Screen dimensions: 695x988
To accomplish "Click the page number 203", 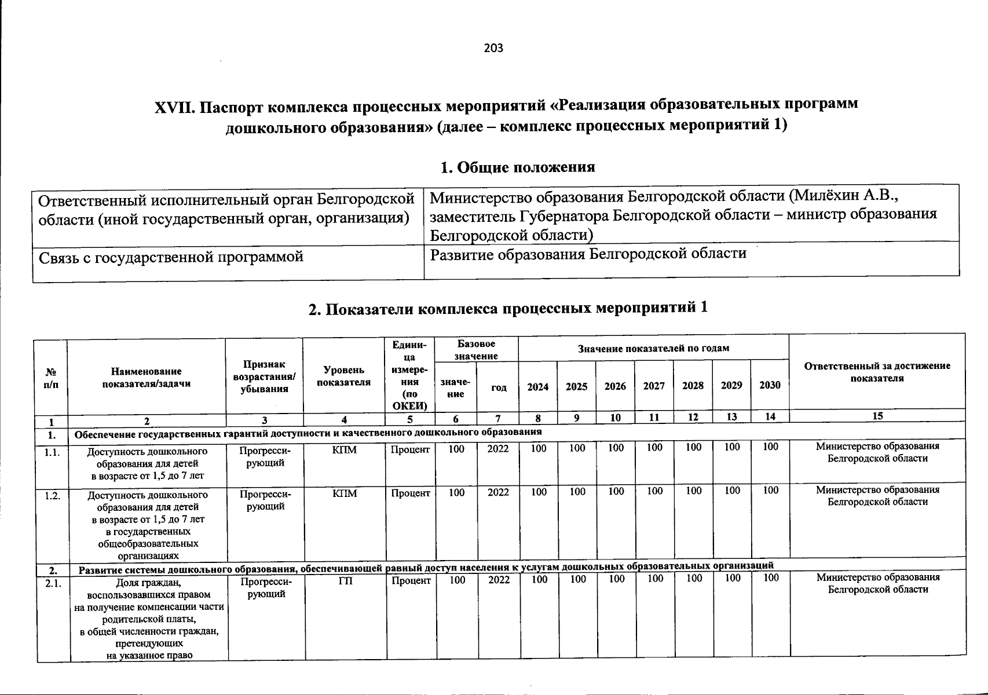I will pyautogui.click(x=493, y=48).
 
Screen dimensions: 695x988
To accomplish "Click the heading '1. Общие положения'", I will pyautogui.click(x=517, y=167).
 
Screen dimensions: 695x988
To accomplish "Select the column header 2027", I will pyautogui.click(x=654, y=386).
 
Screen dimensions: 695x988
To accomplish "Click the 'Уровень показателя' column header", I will pyautogui.click(x=344, y=376).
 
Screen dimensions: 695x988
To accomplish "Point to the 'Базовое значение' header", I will pyautogui.click(x=476, y=350).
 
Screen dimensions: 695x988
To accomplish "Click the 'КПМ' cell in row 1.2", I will pyautogui.click(x=345, y=493).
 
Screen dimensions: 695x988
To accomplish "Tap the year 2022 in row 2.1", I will pyautogui.click(x=499, y=580).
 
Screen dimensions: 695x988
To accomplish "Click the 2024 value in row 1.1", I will pyautogui.click(x=539, y=448).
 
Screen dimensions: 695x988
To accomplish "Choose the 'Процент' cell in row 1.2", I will pyautogui.click(x=410, y=493).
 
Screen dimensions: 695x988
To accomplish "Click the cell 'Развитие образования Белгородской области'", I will pyautogui.click(x=588, y=254).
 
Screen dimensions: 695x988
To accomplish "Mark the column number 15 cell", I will pyautogui.click(x=877, y=416).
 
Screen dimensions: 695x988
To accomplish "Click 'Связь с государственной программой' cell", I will pyautogui.click(x=171, y=257).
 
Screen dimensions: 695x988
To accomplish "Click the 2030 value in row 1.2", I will pyautogui.click(x=770, y=491).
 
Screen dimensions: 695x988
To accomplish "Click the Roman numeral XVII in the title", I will pyautogui.click(x=170, y=107).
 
